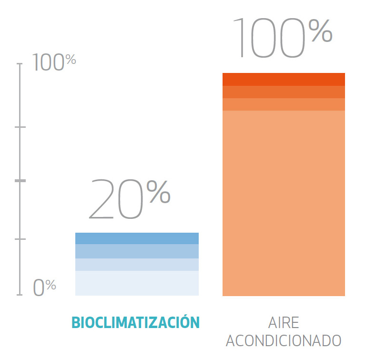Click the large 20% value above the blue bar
click(x=129, y=199)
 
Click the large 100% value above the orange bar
click(x=282, y=37)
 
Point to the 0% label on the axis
click(x=44, y=287)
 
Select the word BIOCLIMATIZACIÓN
click(x=135, y=323)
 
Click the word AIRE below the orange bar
click(x=284, y=323)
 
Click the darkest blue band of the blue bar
click(x=137, y=238)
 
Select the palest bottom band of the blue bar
click(x=137, y=283)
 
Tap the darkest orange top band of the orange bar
click(x=284, y=79)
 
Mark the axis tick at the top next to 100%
click(x=20, y=63)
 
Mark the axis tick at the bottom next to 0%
click(x=20, y=295)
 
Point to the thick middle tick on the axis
click(x=20, y=181)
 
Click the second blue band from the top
click(x=137, y=251)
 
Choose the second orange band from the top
click(x=284, y=92)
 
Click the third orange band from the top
click(x=284, y=104)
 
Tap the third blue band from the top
click(x=137, y=265)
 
